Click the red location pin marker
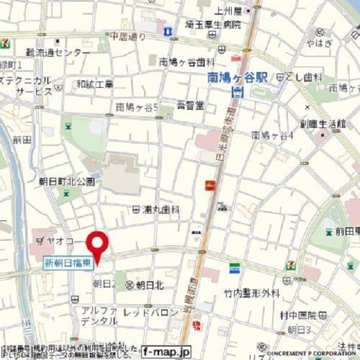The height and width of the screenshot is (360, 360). coord(97,247)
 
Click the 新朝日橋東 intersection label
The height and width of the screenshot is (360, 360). coord(67,262)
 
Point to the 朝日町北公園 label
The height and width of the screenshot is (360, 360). coord(67,181)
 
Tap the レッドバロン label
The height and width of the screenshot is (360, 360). coord(146,310)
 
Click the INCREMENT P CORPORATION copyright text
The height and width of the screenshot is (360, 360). coord(309,350)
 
